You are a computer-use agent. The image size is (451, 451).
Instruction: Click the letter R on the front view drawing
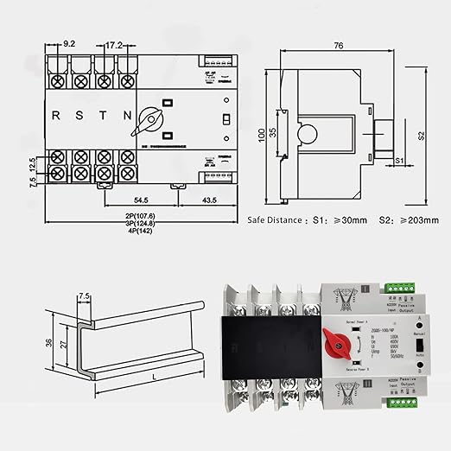56,115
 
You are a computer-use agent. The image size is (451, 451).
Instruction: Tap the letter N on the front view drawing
127,115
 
